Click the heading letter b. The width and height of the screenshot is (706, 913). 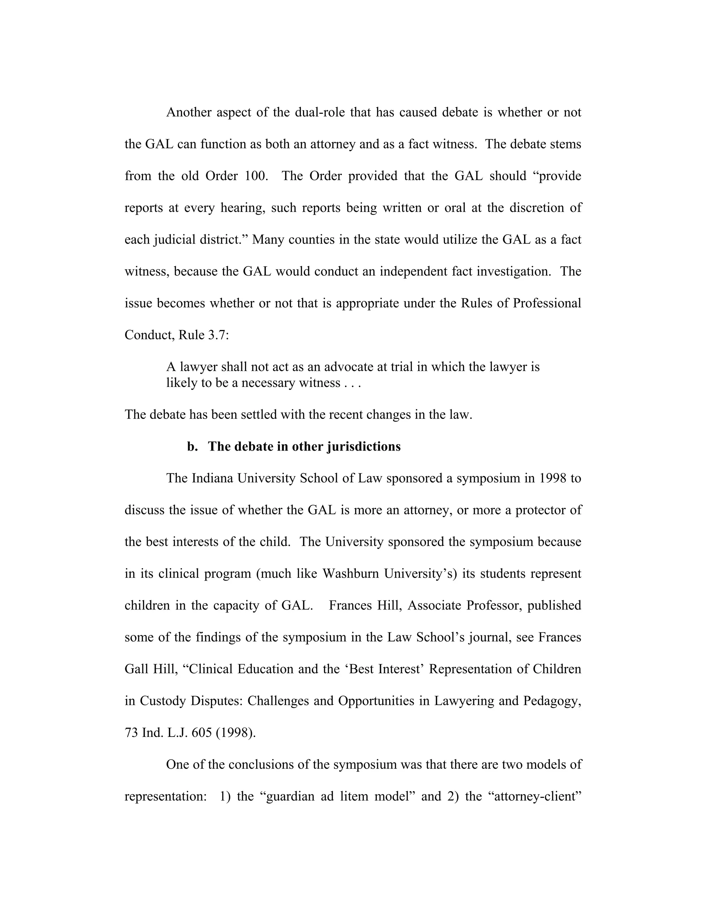pos(192,447)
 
